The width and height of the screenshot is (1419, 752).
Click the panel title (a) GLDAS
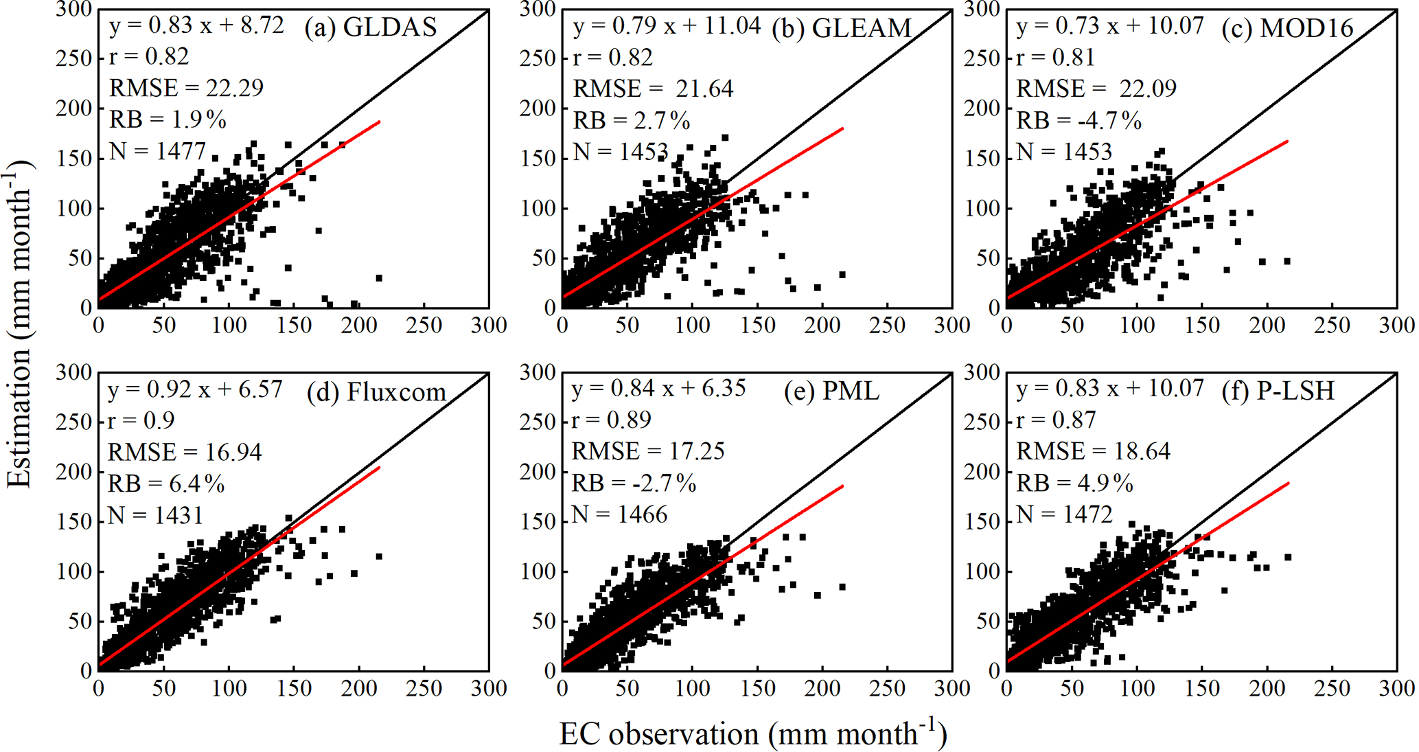[371, 27]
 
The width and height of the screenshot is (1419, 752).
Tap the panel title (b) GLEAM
[842, 28]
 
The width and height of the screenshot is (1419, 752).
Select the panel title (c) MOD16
[1288, 28]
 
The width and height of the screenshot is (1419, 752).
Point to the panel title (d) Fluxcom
[376, 391]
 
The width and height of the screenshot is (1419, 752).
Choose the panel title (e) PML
[831, 391]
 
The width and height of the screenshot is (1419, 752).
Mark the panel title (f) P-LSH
[1278, 391]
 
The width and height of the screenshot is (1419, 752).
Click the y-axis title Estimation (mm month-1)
[19, 323]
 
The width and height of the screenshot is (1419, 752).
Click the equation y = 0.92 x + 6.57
[195, 389]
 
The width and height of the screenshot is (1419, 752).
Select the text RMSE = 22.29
[186, 88]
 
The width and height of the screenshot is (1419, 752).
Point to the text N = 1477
[157, 150]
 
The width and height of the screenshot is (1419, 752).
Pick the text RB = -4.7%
[1078, 121]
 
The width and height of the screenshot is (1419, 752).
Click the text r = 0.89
[612, 420]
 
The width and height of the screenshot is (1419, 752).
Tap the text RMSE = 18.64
[1093, 451]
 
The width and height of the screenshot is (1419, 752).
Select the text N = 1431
[156, 514]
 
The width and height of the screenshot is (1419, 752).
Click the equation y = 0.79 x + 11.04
[667, 26]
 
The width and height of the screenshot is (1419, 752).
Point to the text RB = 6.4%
[166, 484]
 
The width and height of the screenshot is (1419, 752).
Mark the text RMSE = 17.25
[648, 451]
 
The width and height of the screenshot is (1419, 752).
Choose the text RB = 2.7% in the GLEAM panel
[632, 121]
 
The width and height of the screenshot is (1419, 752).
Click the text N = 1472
[1064, 514]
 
